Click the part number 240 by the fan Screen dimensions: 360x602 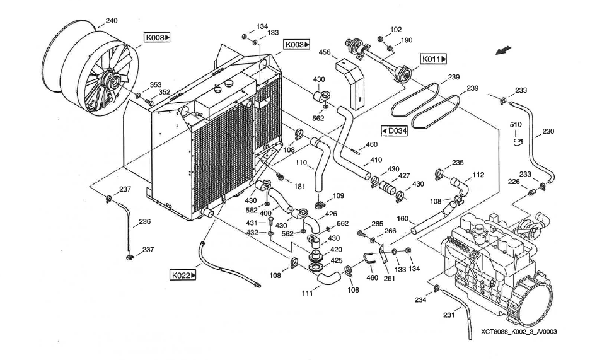point(111,21)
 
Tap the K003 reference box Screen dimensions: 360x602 point(297,45)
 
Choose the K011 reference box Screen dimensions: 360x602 point(434,59)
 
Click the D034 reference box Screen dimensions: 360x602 point(394,131)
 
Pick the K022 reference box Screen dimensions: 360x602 point(183,275)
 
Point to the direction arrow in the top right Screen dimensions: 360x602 point(504,51)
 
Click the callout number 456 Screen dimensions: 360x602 point(325,52)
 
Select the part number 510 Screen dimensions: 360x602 point(516,125)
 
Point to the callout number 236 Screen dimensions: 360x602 point(145,221)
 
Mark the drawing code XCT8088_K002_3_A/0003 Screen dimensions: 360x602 point(518,331)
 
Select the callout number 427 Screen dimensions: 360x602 point(403,177)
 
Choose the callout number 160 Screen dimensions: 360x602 point(402,219)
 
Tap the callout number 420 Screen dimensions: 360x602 point(336,250)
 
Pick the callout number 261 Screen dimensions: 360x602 point(389,278)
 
